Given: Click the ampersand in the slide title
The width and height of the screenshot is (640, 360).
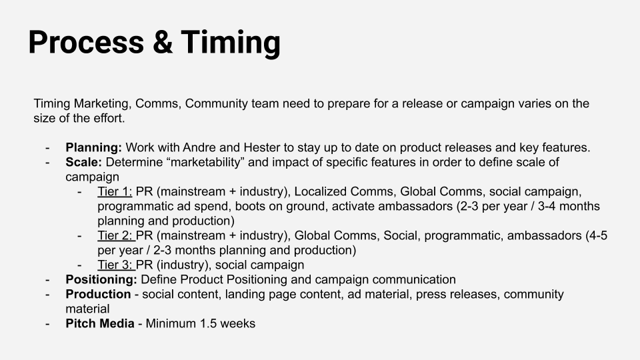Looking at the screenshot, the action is pyautogui.click(x=163, y=42).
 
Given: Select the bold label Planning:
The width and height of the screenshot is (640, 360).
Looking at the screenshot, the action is pyautogui.click(x=93, y=147).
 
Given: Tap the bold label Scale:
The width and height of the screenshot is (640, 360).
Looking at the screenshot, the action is pyautogui.click(x=84, y=162).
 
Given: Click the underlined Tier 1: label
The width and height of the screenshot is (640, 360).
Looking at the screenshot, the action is pyautogui.click(x=115, y=191).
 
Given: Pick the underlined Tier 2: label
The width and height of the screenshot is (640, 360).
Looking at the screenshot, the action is pyautogui.click(x=116, y=235).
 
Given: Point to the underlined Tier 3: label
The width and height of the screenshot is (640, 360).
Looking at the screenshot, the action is pyautogui.click(x=116, y=265).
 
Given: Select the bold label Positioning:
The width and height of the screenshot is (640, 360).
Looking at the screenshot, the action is pyautogui.click(x=101, y=279).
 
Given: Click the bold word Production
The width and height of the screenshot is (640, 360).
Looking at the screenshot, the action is pyautogui.click(x=99, y=294).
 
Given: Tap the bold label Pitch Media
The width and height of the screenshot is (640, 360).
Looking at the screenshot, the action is pyautogui.click(x=100, y=324).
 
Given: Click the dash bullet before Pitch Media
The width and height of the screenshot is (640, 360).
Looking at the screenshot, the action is pyautogui.click(x=48, y=324).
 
